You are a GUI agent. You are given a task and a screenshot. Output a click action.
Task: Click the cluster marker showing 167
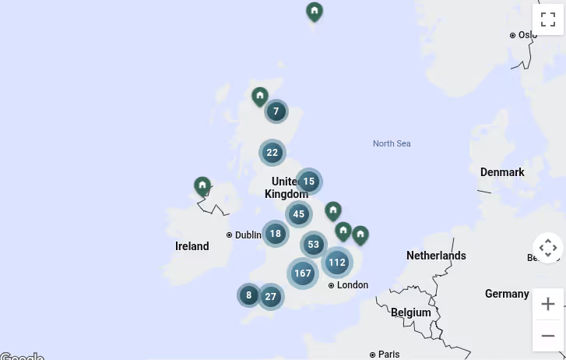tap(303, 274)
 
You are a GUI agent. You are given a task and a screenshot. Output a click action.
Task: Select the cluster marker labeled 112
tap(336, 263)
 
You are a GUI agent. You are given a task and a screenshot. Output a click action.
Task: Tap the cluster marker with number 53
tap(314, 245)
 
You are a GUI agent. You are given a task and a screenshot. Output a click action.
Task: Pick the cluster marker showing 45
tap(299, 214)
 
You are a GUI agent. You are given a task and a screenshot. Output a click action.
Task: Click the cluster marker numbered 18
tap(276, 233)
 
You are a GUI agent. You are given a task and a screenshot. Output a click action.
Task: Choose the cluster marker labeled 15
tap(309, 182)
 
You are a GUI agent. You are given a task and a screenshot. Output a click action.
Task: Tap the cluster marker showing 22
tap(272, 152)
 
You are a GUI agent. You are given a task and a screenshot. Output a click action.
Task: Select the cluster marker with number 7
tap(276, 111)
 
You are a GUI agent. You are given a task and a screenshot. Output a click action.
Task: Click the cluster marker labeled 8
tap(249, 295)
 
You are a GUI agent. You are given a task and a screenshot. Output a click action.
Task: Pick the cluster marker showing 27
tap(270, 296)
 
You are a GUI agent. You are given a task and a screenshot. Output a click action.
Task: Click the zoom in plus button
tap(548, 304)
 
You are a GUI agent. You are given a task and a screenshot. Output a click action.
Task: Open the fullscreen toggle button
tap(548, 19)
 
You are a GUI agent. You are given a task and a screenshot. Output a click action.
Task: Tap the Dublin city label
tap(248, 235)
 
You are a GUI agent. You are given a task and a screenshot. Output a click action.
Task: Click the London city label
tap(352, 285)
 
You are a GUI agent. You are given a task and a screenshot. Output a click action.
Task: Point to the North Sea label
tap(391, 143)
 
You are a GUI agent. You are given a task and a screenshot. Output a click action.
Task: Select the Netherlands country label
tap(436, 256)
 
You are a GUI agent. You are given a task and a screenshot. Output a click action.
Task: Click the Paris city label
tap(388, 355)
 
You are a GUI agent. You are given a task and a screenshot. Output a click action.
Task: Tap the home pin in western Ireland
tap(202, 186)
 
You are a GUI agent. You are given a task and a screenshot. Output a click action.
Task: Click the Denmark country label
tap(502, 172)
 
